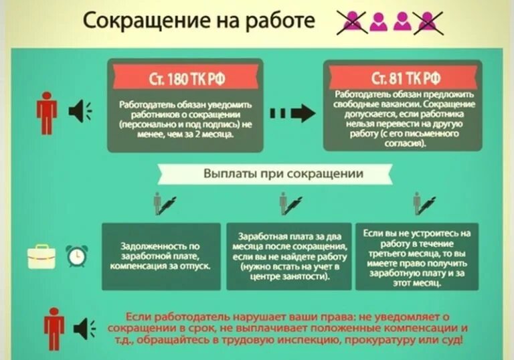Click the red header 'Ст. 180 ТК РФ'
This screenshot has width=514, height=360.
(186, 78)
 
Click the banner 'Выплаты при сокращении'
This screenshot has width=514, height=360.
(283, 174)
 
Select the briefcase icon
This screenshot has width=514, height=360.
(41, 256)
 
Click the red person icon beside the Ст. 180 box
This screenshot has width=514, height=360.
(46, 112)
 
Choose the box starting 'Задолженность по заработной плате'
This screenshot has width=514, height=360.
(161, 256)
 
